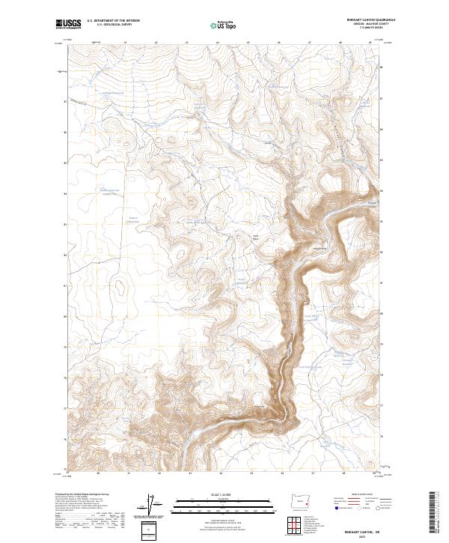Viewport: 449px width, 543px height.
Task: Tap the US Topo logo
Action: coord(222,25)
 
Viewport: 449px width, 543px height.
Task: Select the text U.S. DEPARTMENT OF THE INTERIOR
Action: coord(114,21)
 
